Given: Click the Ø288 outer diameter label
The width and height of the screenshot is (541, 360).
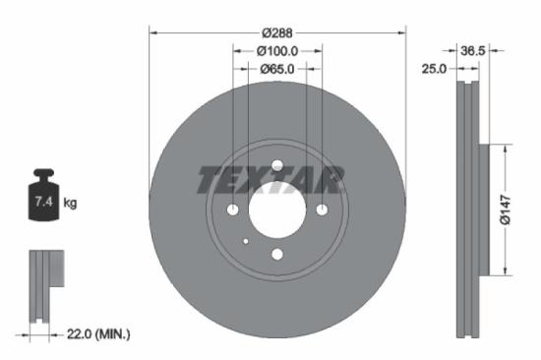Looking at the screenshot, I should (276, 31).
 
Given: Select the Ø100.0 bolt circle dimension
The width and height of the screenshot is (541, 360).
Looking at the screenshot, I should (276, 50).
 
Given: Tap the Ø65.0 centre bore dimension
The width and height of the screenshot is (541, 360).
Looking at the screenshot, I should (276, 69).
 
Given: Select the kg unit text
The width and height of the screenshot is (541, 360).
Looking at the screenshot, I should (70, 204).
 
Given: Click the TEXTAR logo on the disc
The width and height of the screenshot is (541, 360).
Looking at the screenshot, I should (270, 180).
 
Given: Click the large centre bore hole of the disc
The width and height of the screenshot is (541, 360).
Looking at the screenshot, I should (276, 210).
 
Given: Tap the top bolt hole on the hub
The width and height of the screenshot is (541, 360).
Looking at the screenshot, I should (276, 165).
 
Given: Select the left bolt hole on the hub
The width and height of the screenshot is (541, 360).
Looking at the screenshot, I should (233, 210).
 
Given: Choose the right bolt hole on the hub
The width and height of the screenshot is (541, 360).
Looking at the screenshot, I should (321, 210).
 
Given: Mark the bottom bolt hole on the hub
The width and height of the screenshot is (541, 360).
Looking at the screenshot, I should (276, 254).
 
